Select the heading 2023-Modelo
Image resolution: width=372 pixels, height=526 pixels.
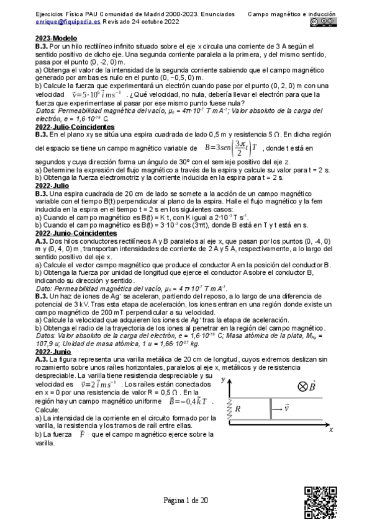point(56,38)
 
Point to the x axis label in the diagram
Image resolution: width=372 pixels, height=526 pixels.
point(331,428)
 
